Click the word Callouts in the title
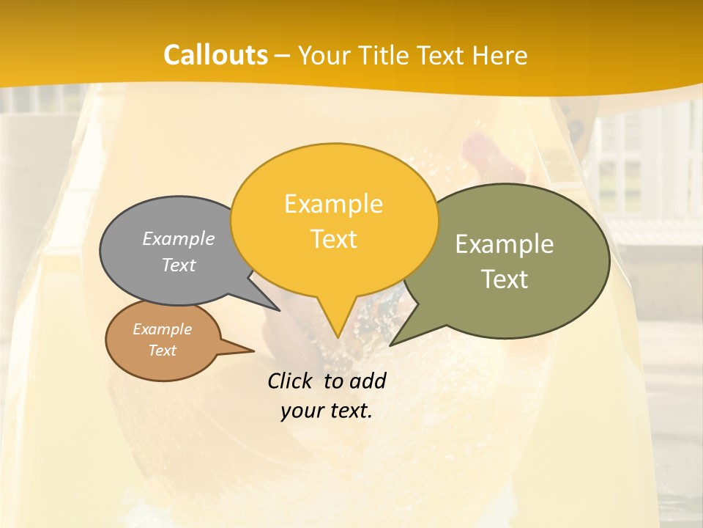click(215, 55)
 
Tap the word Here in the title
click(499, 55)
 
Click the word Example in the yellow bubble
click(333, 204)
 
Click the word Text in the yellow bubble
click(333, 239)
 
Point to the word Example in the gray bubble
click(179, 238)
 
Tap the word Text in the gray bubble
click(179, 265)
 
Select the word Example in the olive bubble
click(505, 244)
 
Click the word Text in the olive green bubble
click(505, 279)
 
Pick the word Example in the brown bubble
click(162, 329)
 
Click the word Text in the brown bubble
click(162, 351)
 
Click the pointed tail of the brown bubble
click(253, 351)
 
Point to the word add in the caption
click(368, 381)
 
